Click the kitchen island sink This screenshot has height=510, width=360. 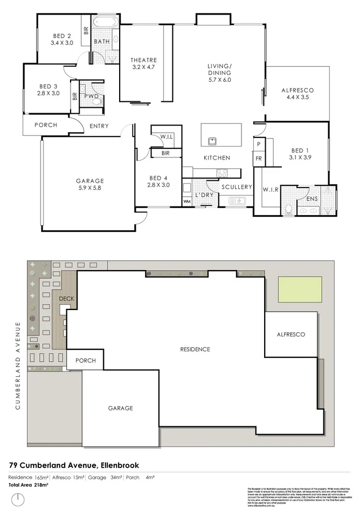(x=213, y=142)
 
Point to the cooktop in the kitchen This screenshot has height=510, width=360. (x=221, y=173)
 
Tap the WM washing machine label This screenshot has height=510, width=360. (x=188, y=202)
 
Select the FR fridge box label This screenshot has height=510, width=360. (x=259, y=159)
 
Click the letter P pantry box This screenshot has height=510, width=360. (x=259, y=144)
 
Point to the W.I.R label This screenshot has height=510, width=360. (x=270, y=190)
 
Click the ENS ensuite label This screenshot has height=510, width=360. (x=312, y=199)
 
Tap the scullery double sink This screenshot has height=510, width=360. (x=237, y=201)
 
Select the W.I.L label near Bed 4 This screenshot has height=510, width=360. (x=166, y=137)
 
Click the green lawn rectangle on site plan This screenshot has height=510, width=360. (x=300, y=290)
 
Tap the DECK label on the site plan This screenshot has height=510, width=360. (x=66, y=298)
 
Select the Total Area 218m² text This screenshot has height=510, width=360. (x=28, y=485)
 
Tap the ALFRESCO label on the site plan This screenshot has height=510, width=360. (x=290, y=334)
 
